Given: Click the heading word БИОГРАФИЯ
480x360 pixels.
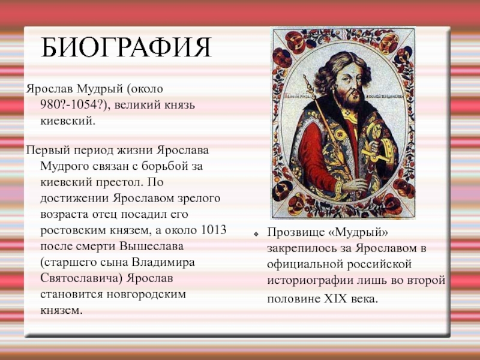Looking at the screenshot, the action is (x=126, y=47).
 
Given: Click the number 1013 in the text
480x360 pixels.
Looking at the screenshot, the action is (x=213, y=230).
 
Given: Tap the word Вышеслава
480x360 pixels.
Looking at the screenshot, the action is (x=151, y=246).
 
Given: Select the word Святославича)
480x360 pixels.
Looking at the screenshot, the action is (x=81, y=278).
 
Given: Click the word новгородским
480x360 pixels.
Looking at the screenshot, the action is (x=146, y=295).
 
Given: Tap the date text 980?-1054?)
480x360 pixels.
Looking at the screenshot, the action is (x=74, y=105).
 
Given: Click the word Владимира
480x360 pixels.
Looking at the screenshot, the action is (x=163, y=262).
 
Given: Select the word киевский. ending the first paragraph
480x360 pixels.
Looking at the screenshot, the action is (x=68, y=121).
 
